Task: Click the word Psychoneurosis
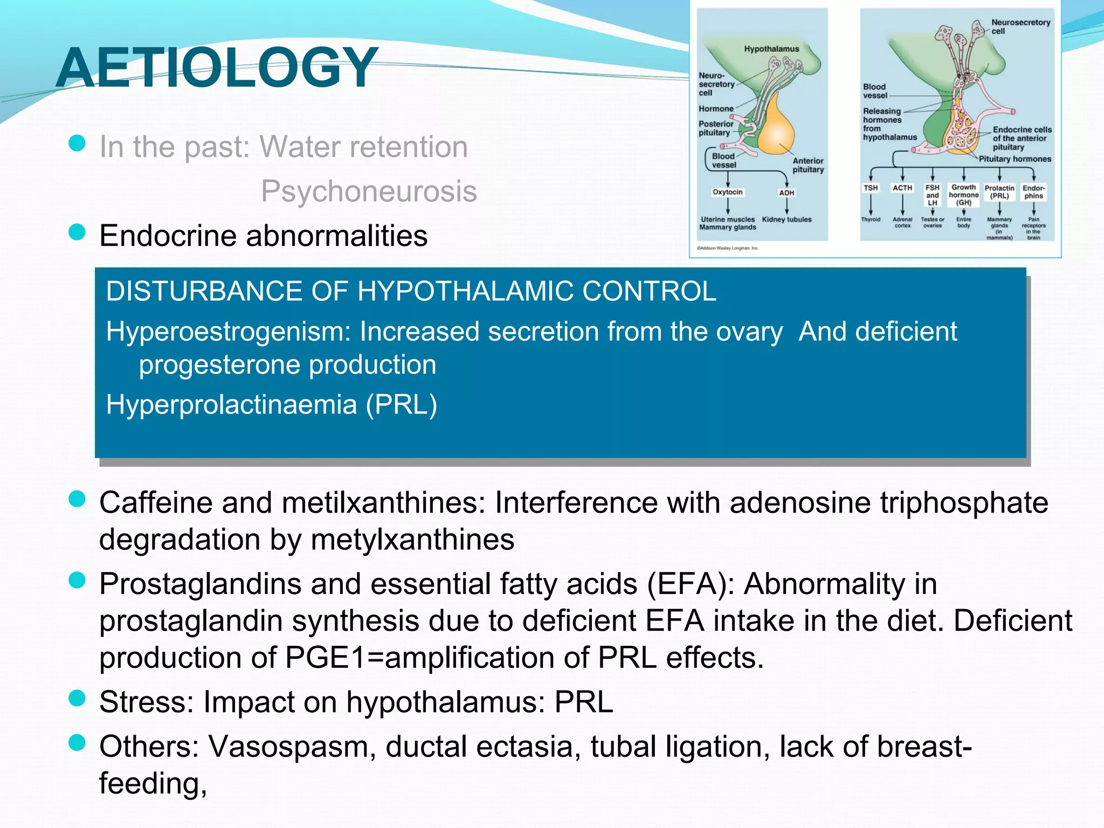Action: (x=369, y=191)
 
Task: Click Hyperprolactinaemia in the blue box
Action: (x=232, y=404)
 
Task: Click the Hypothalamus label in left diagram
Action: (x=771, y=49)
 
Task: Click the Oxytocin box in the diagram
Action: (x=727, y=192)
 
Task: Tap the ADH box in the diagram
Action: (x=786, y=192)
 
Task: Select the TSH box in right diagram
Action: (x=871, y=188)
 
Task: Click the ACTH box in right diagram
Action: (x=902, y=188)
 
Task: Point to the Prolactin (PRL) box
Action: (x=999, y=192)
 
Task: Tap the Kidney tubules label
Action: (x=786, y=219)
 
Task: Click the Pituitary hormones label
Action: (x=1015, y=159)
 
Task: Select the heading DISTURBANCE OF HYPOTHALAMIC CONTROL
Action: (x=411, y=292)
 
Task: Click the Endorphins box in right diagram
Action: (x=1033, y=192)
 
